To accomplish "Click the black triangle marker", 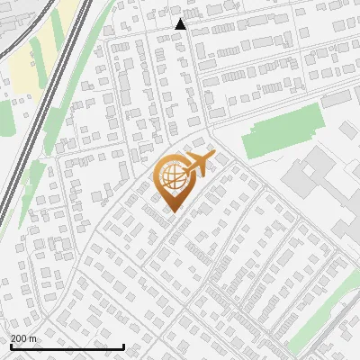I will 181,24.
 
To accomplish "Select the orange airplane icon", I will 199,164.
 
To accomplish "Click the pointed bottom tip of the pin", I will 171,211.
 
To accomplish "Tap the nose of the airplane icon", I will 213,156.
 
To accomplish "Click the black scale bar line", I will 67,346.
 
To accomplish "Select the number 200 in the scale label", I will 20,338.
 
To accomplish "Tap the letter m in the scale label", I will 33,338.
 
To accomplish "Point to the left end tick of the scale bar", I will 11,345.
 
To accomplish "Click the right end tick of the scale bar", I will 123,345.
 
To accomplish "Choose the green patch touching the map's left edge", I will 4,117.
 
